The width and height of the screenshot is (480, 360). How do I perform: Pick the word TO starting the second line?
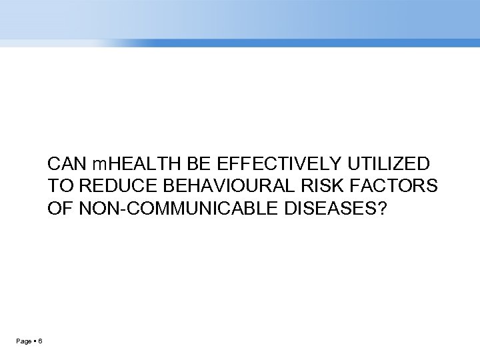tap(57, 187)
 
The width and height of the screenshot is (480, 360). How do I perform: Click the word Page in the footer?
tap(23, 341)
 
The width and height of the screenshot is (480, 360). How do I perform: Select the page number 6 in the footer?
tap(41, 341)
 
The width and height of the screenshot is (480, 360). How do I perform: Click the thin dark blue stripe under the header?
tap(267, 43)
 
